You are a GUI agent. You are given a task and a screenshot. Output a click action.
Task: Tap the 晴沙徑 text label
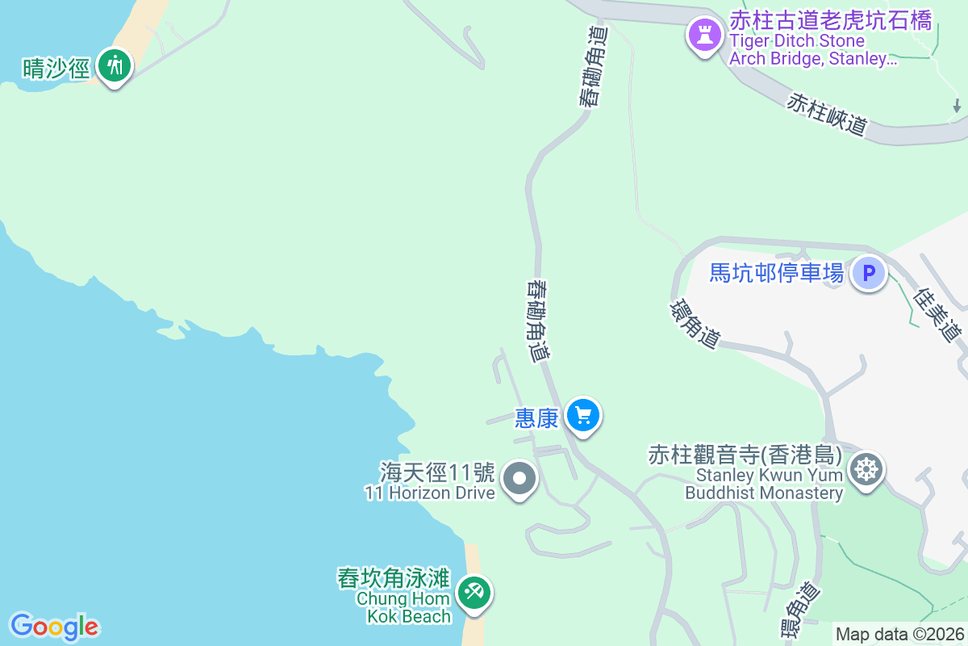click(x=56, y=68)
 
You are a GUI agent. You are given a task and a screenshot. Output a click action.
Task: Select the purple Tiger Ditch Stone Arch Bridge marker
click(x=705, y=35)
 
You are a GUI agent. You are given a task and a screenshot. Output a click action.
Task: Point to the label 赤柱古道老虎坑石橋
click(x=830, y=20)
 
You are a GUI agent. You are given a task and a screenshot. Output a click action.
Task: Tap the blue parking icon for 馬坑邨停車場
click(x=869, y=273)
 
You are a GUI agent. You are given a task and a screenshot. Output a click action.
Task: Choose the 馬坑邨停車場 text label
click(x=776, y=273)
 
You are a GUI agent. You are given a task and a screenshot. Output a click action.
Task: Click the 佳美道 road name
click(x=939, y=315)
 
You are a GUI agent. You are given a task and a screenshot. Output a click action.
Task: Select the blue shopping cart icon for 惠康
click(x=583, y=416)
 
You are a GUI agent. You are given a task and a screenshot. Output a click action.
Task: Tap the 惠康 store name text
click(x=536, y=417)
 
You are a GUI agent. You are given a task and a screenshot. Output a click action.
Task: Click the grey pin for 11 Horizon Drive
click(x=519, y=479)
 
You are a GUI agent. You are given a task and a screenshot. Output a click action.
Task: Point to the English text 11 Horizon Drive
click(x=429, y=493)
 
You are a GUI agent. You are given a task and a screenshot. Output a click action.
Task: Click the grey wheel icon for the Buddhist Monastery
click(x=866, y=468)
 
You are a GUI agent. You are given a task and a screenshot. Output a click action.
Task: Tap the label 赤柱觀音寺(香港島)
click(x=745, y=455)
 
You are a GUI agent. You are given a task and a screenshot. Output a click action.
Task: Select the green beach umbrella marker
click(x=473, y=594)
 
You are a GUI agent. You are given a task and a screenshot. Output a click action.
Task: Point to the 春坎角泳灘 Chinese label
click(x=393, y=579)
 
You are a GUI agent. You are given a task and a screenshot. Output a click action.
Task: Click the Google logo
click(x=54, y=627)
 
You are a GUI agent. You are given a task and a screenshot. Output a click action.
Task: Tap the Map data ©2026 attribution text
click(x=899, y=634)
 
